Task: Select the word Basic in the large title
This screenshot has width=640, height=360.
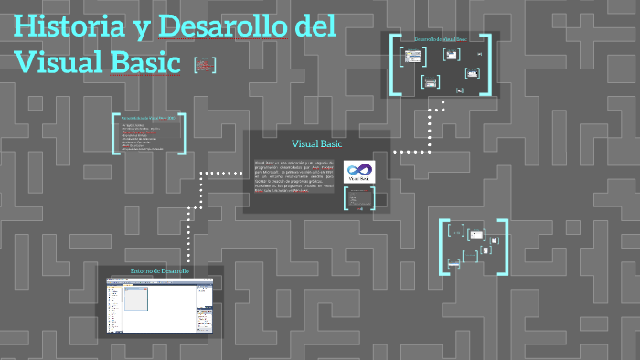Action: pos(145,61)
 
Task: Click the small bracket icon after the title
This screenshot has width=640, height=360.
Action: pos(205,64)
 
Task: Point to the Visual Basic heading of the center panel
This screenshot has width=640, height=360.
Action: pos(316,144)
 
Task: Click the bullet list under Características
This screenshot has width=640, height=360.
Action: pos(145,137)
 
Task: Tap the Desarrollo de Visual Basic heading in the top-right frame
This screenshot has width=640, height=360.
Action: pos(440,40)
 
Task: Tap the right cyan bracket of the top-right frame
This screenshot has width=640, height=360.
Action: pos(488,64)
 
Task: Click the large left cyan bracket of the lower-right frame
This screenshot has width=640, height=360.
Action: pos(444,246)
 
